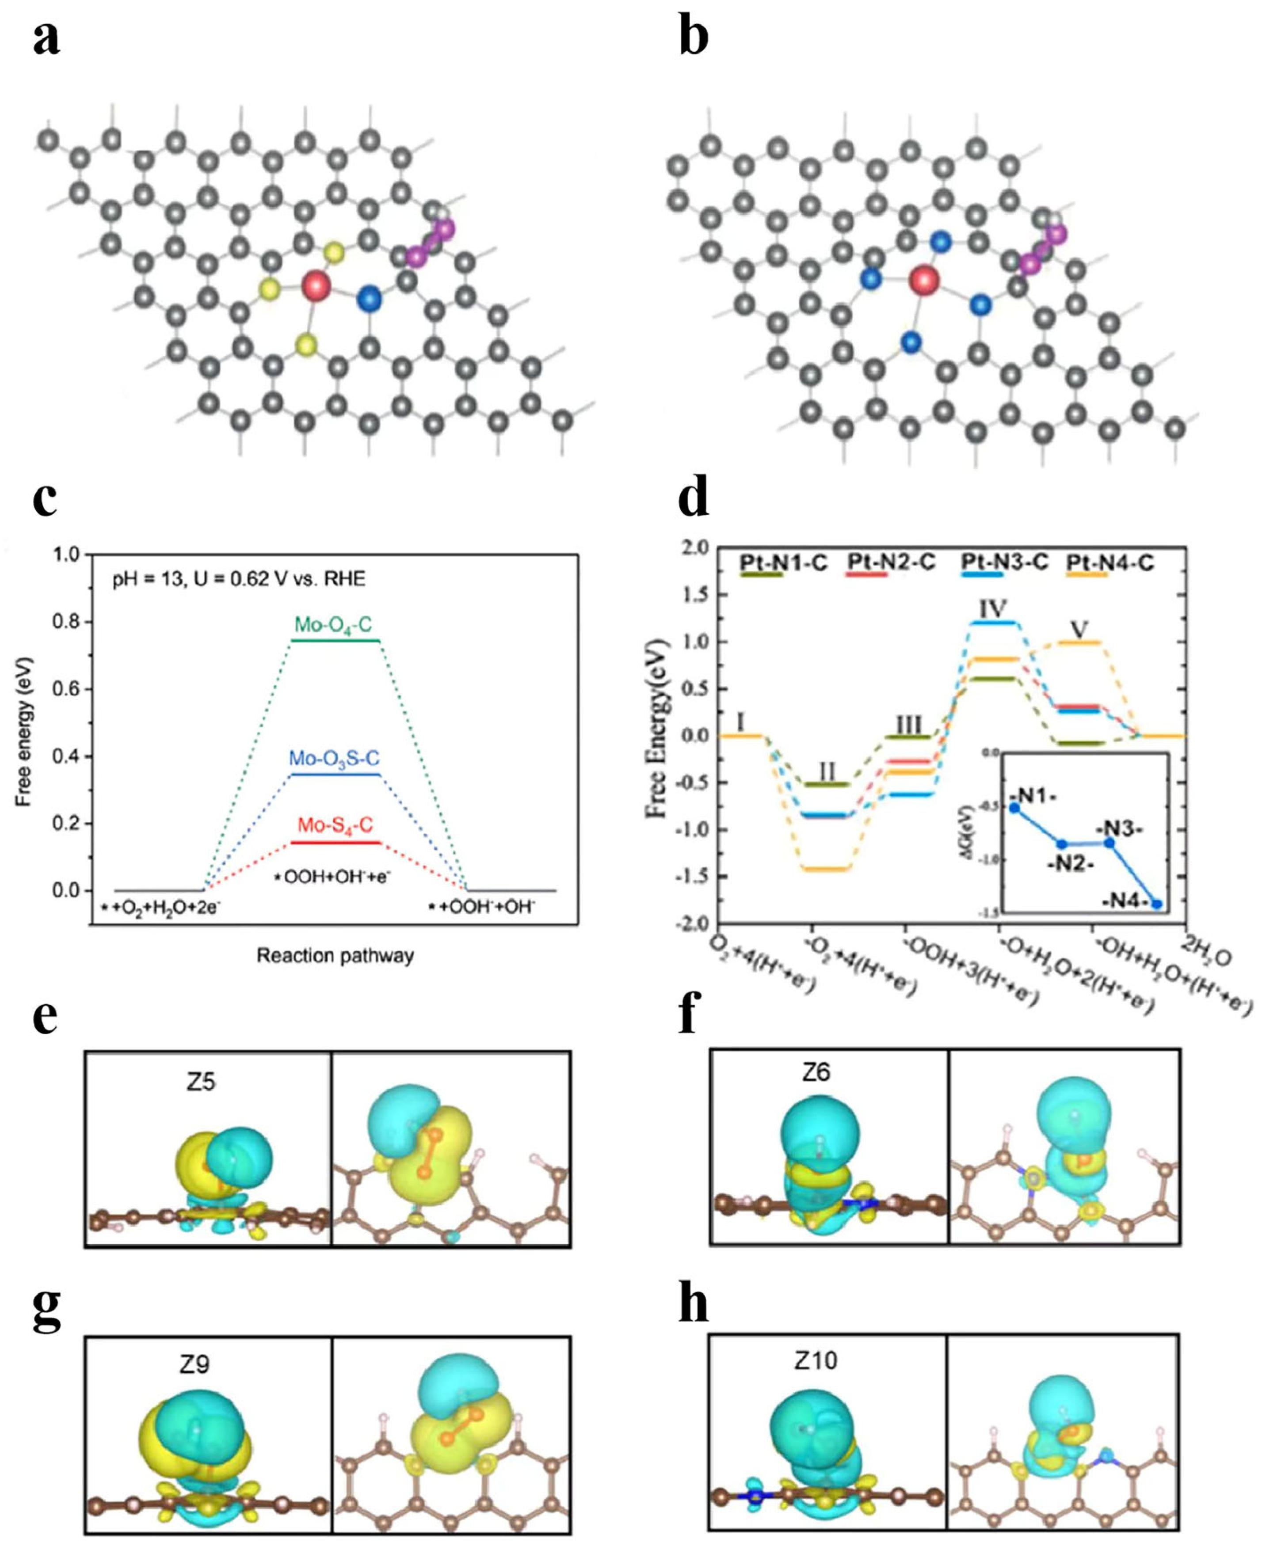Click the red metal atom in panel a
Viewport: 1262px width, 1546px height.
(316, 285)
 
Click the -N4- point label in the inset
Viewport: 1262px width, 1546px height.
(1124, 902)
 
